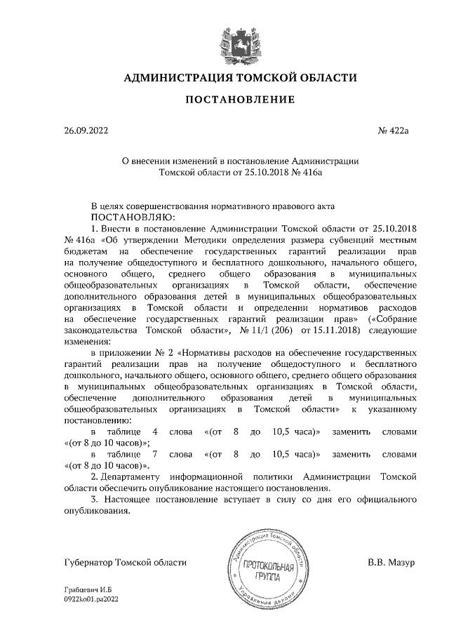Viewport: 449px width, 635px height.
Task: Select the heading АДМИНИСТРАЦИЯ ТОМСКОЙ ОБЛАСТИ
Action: point(240,78)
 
